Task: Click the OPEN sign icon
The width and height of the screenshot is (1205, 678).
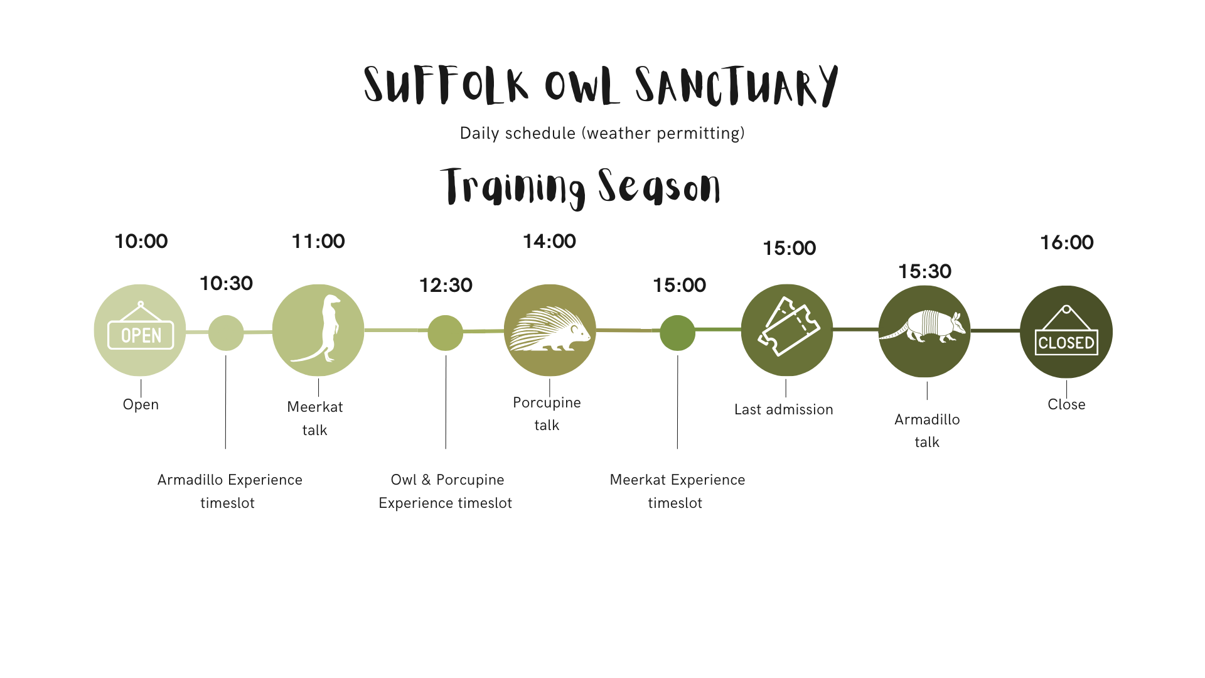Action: pyautogui.click(x=140, y=330)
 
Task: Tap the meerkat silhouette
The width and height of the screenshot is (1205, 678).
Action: pyautogui.click(x=318, y=330)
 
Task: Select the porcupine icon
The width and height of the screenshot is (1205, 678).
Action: pyautogui.click(x=550, y=330)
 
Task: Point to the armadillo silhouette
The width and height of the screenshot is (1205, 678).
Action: pyautogui.click(x=923, y=327)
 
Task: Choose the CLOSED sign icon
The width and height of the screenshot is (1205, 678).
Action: pyautogui.click(x=1066, y=333)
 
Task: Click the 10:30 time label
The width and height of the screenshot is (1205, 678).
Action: pyautogui.click(x=226, y=284)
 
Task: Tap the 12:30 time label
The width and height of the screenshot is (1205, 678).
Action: pyautogui.click(x=446, y=286)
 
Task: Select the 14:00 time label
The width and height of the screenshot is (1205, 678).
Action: pyautogui.click(x=550, y=242)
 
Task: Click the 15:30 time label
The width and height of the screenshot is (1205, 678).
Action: pyautogui.click(x=924, y=272)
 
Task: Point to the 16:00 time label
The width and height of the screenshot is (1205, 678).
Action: pyautogui.click(x=1066, y=243)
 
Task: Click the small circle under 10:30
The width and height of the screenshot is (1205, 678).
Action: pyautogui.click(x=226, y=333)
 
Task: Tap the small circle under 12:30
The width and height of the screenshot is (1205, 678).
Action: pyautogui.click(x=446, y=333)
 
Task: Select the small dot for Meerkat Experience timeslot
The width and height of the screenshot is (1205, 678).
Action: pyautogui.click(x=677, y=333)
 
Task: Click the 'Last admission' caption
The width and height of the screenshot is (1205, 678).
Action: pyautogui.click(x=784, y=410)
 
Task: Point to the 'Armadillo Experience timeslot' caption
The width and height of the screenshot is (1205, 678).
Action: pyautogui.click(x=230, y=492)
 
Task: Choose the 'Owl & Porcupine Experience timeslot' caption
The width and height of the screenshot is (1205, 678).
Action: pyautogui.click(x=446, y=492)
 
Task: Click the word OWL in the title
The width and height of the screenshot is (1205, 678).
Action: pyautogui.click(x=578, y=87)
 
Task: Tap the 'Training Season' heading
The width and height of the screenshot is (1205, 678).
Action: pyautogui.click(x=581, y=186)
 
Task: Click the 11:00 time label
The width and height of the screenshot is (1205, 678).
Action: pyautogui.click(x=318, y=242)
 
